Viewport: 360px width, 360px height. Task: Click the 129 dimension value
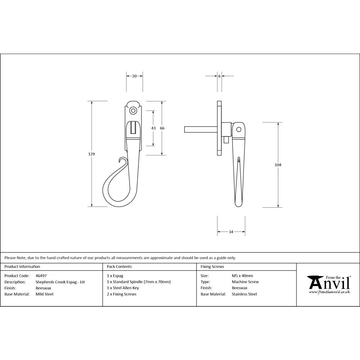coord(91,154)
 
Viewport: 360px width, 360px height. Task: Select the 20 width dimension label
coord(134,76)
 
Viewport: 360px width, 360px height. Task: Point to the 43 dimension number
coord(153,128)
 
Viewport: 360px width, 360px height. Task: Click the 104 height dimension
coord(278,165)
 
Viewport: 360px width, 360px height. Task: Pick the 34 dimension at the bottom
coord(231,232)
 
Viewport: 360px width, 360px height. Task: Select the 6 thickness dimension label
coord(219,76)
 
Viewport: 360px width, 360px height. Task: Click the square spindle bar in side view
coord(200,129)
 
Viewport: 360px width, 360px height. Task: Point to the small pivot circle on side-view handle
coord(238,130)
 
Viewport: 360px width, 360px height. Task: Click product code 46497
coord(41,276)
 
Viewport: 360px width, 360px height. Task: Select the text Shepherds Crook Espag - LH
coord(60,282)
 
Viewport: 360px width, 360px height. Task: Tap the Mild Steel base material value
coord(44,294)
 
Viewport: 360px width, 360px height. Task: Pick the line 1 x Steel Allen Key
coord(123,288)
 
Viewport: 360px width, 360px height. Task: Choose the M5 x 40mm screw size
coord(242,276)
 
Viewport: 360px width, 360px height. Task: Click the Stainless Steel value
coord(244,294)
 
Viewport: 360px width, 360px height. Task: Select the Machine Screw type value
coord(245,282)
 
